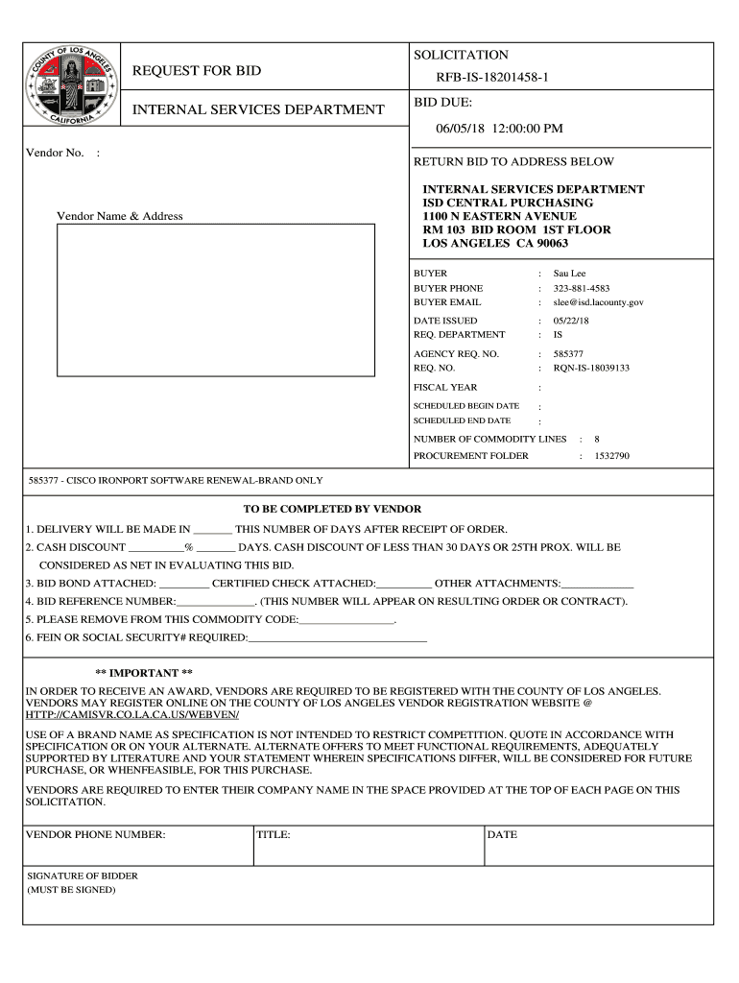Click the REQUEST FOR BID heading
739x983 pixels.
(x=196, y=71)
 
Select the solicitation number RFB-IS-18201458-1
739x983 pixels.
(x=492, y=77)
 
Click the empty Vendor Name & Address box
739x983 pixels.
(x=215, y=300)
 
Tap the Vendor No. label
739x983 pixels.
(x=55, y=154)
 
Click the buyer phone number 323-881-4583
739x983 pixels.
(x=581, y=288)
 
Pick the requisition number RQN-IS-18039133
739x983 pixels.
(x=591, y=368)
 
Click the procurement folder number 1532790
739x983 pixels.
(x=611, y=456)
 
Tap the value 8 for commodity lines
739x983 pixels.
(x=597, y=439)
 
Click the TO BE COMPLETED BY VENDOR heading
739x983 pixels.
(x=333, y=509)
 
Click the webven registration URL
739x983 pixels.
(x=132, y=715)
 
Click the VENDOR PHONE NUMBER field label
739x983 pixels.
(x=95, y=835)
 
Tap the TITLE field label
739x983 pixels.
(x=274, y=835)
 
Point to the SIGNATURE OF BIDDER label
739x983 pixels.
(x=82, y=876)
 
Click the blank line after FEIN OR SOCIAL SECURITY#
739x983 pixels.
(x=337, y=637)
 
